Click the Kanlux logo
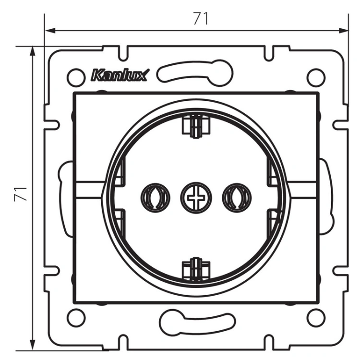(x=120, y=75)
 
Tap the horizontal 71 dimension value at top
(x=201, y=18)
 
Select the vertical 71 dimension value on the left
(x=21, y=194)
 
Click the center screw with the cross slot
(x=196, y=198)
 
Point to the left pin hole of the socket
(x=156, y=198)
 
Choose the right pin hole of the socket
(x=237, y=198)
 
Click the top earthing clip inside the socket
(x=196, y=127)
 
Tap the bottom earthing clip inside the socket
(x=196, y=269)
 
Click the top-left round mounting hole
(x=76, y=77)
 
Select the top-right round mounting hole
(x=316, y=77)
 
